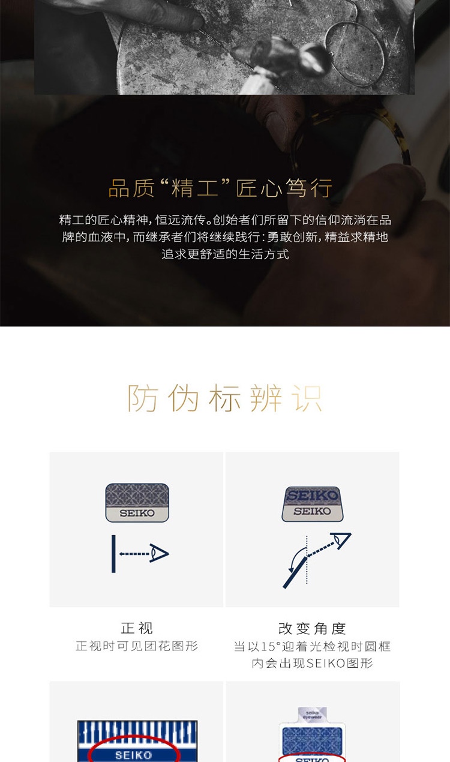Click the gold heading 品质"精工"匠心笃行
point(220,188)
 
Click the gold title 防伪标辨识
point(224,398)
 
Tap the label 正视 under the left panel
point(137,628)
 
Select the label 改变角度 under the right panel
point(312,629)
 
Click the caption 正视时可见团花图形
point(137,646)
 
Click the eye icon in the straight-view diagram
point(159,553)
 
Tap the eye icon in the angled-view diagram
point(342,541)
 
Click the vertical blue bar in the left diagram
point(113,554)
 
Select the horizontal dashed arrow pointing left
point(134,554)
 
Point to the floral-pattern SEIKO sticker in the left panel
point(137,502)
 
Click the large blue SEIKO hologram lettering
point(312,496)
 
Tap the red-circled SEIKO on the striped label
point(133,755)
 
